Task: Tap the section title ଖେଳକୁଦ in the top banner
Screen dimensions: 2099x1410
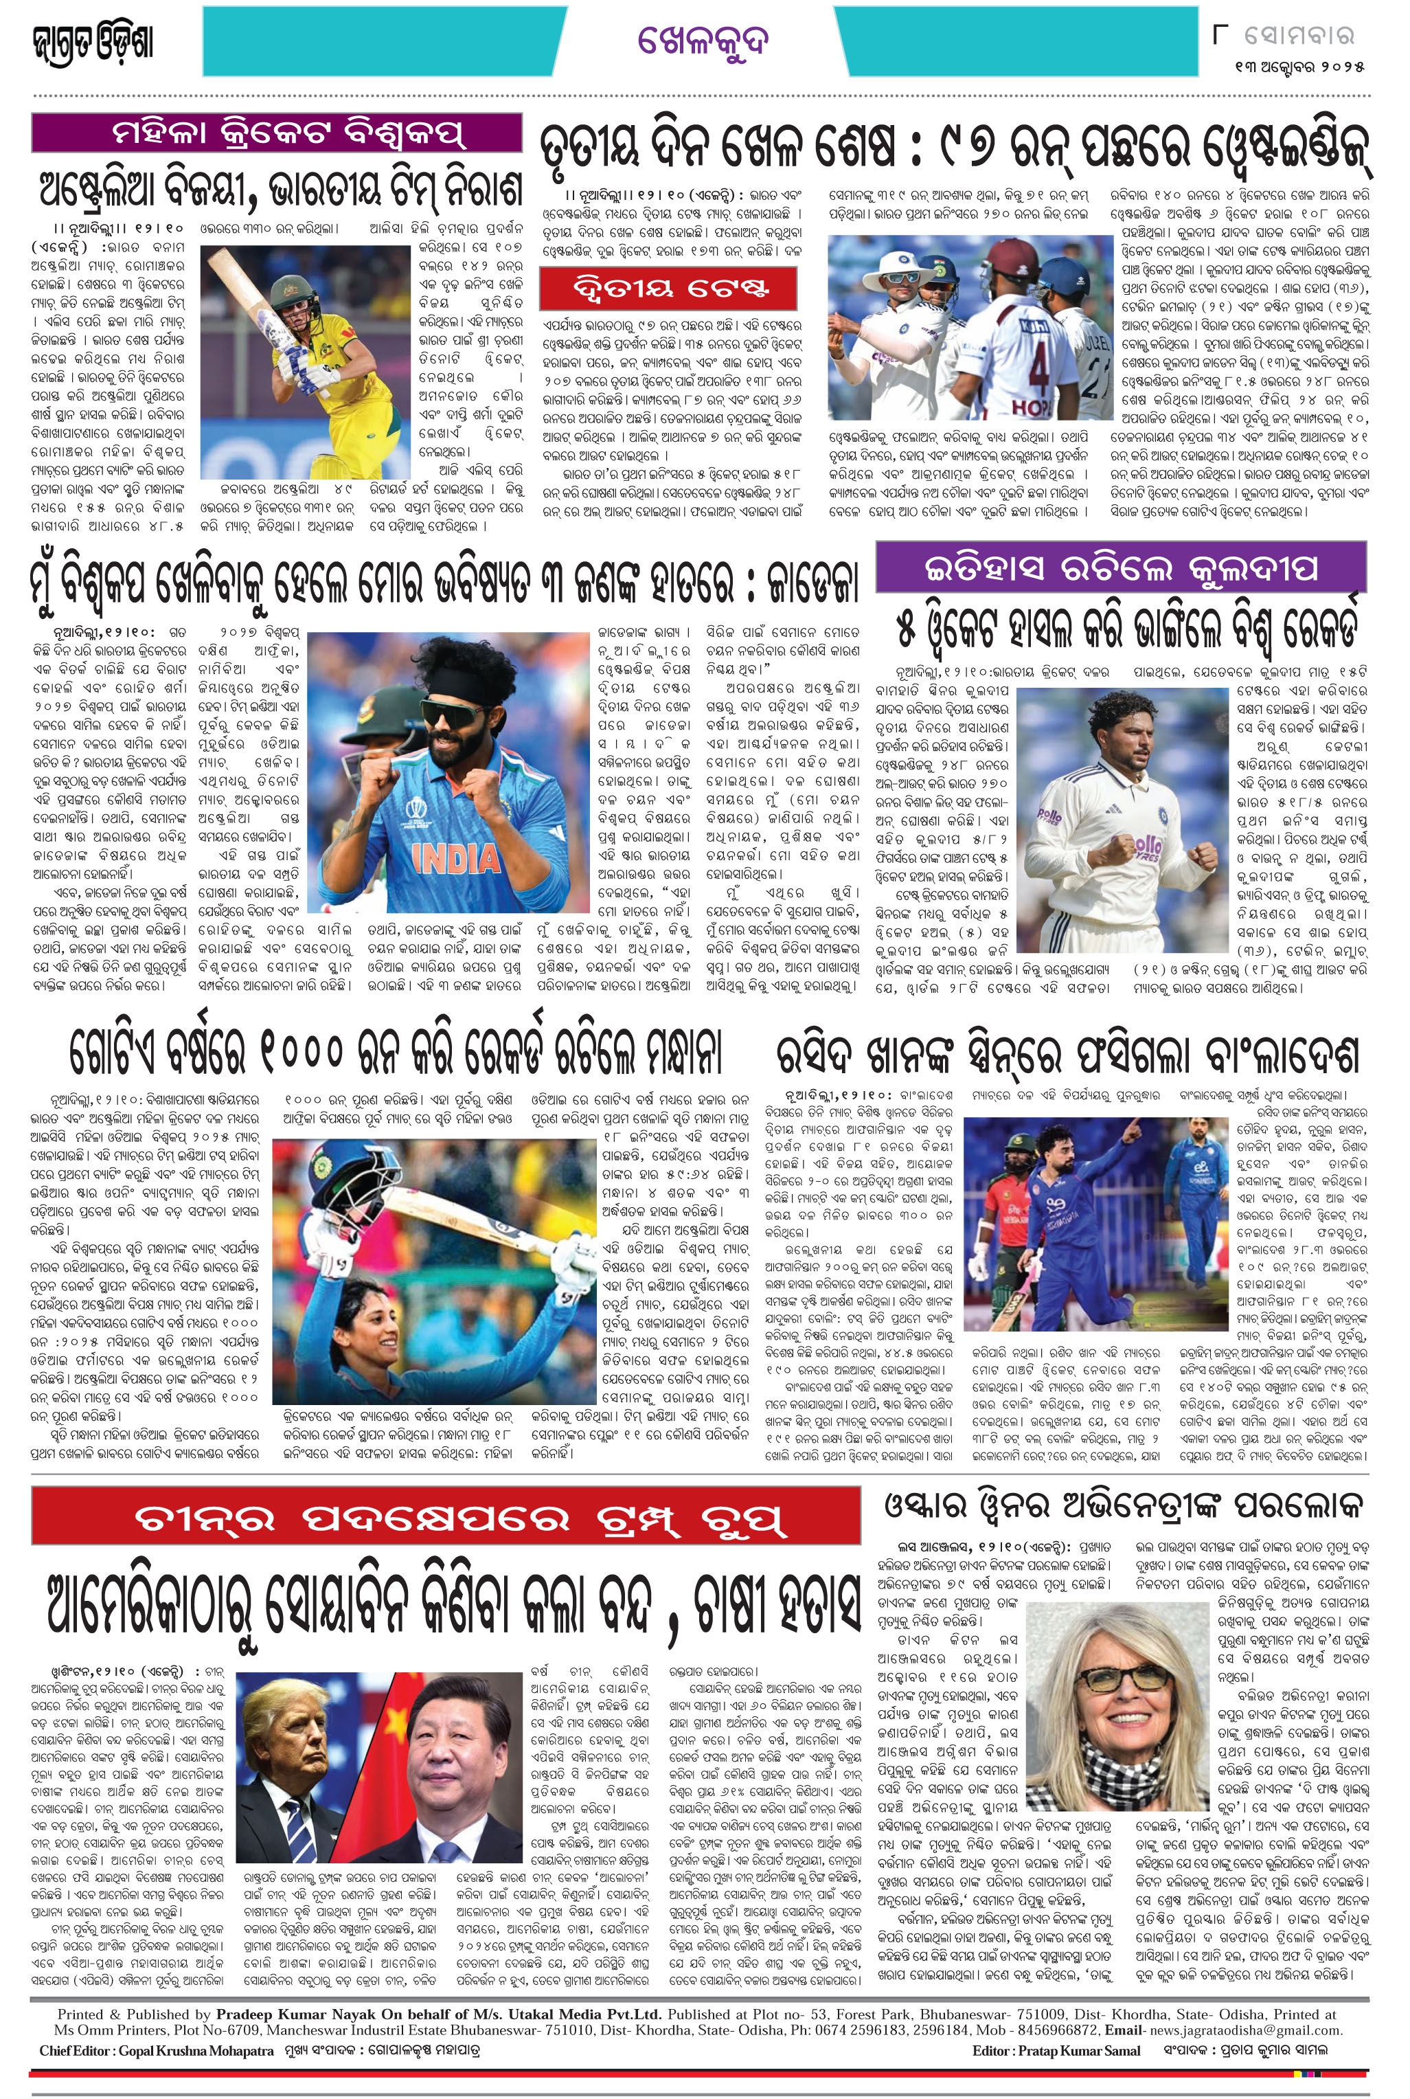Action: pos(703,41)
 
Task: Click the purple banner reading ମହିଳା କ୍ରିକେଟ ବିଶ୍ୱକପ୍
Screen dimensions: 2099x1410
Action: pos(277,132)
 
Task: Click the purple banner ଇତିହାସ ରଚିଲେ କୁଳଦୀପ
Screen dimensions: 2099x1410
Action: pos(1120,568)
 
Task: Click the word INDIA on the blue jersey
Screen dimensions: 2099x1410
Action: pos(456,858)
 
